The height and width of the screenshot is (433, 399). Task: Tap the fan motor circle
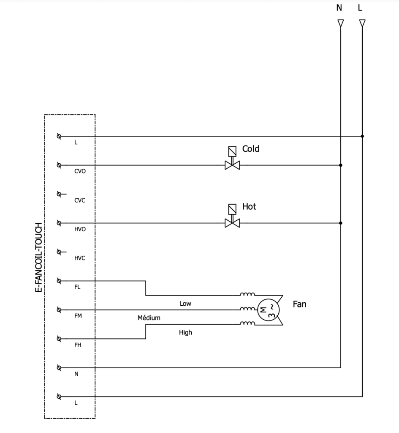coord(268,310)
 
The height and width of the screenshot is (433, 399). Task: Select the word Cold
coord(251,149)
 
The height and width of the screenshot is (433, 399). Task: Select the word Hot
coord(249,206)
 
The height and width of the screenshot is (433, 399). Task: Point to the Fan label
coord(299,304)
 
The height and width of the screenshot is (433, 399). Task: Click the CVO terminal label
coord(80,171)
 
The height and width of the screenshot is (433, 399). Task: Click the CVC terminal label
coord(80,200)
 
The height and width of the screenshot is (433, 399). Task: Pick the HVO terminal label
coord(80,229)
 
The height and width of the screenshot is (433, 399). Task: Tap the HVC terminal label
coord(80,258)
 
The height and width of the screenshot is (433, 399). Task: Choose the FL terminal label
coord(77,287)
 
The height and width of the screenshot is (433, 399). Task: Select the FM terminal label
coord(78,316)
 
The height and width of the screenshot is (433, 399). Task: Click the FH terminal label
coord(78,345)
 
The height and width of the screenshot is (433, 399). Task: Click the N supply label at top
coord(339,8)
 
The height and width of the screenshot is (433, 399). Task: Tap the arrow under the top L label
coord(362,23)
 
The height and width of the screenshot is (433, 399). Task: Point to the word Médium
coord(149,318)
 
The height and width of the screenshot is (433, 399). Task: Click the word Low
coord(185,304)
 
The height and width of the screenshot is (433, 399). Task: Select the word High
coord(185,332)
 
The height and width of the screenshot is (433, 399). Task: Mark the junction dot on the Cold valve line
coord(341,165)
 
